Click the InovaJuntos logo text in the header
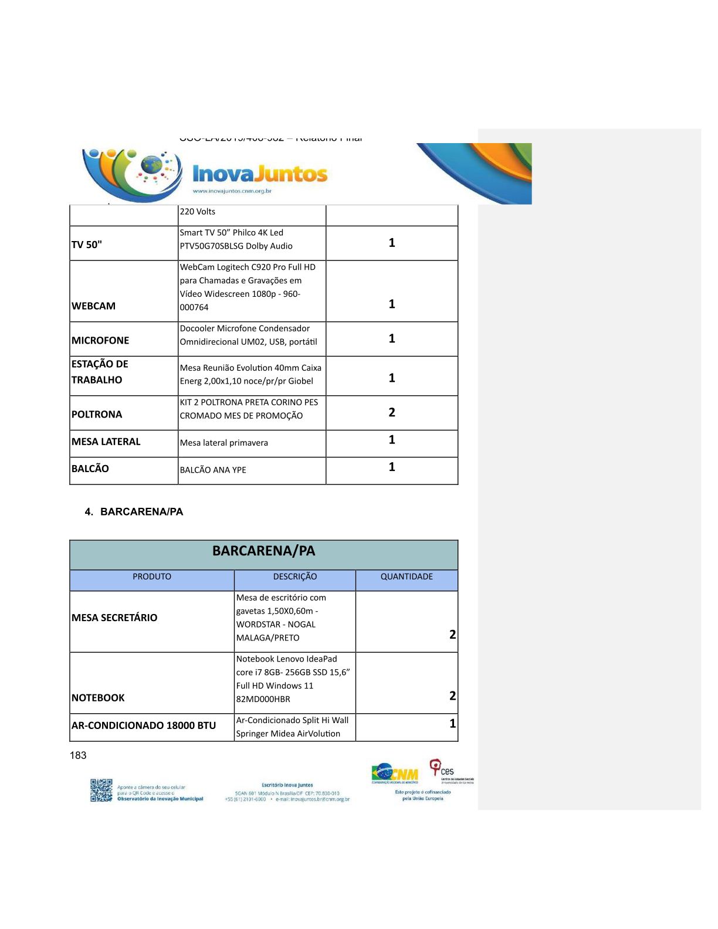(x=260, y=174)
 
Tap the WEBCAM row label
(x=93, y=306)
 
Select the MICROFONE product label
(x=100, y=340)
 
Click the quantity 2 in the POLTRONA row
(x=392, y=412)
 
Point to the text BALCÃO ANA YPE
(x=213, y=470)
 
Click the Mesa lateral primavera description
(x=223, y=443)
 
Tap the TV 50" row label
(x=87, y=245)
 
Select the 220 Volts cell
(x=198, y=212)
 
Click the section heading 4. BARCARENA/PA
(x=134, y=511)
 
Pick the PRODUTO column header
(x=152, y=577)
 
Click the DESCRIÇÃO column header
(x=294, y=577)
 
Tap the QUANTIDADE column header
(x=407, y=577)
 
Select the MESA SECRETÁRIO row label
(x=114, y=618)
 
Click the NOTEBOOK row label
(x=98, y=698)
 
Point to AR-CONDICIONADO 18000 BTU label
(x=144, y=725)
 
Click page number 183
(x=78, y=755)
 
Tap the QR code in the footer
(x=101, y=790)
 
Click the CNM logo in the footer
(x=395, y=774)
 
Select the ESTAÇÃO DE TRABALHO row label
(x=100, y=372)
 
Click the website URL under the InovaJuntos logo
(x=232, y=191)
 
